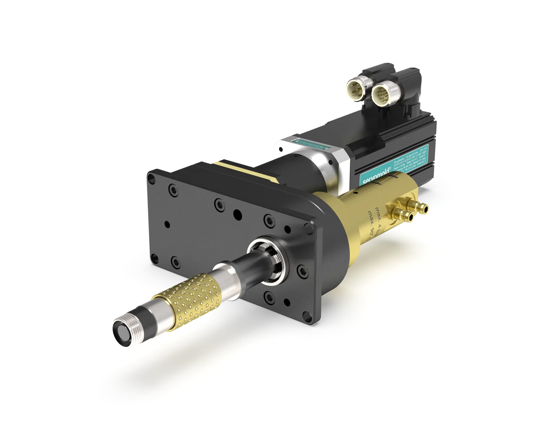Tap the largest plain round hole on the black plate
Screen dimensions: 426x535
[238, 215]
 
